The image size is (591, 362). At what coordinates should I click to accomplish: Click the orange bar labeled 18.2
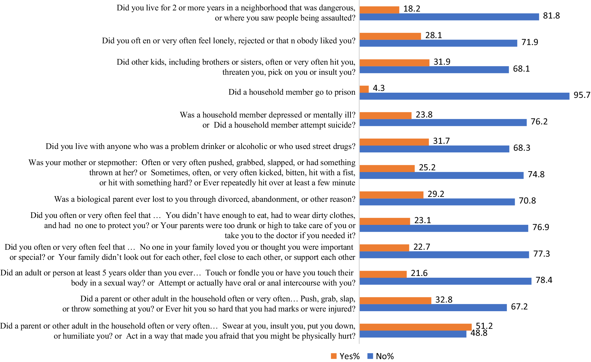pos(379,10)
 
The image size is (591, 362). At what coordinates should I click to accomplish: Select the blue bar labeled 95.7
pos(464,96)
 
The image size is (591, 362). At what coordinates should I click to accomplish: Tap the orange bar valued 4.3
pos(364,89)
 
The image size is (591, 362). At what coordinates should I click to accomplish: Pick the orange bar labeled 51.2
pos(415,327)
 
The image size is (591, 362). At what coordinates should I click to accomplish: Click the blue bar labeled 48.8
pos(413,334)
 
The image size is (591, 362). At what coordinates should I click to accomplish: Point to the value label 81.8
pos(551,16)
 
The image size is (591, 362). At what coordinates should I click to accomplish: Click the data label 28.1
pos(433,36)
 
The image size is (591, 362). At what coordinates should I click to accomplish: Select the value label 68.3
pos(521,148)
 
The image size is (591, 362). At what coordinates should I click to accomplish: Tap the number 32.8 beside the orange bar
pos(444,300)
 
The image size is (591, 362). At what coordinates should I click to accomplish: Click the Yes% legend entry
pos(345,356)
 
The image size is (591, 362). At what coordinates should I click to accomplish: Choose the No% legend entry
pos(381,356)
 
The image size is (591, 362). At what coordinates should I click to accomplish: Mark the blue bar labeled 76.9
pos(444,228)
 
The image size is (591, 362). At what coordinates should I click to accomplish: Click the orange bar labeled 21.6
pos(383,274)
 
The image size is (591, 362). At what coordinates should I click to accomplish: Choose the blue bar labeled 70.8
pos(437,202)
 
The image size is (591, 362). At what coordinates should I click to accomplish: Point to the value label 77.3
pos(541,254)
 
